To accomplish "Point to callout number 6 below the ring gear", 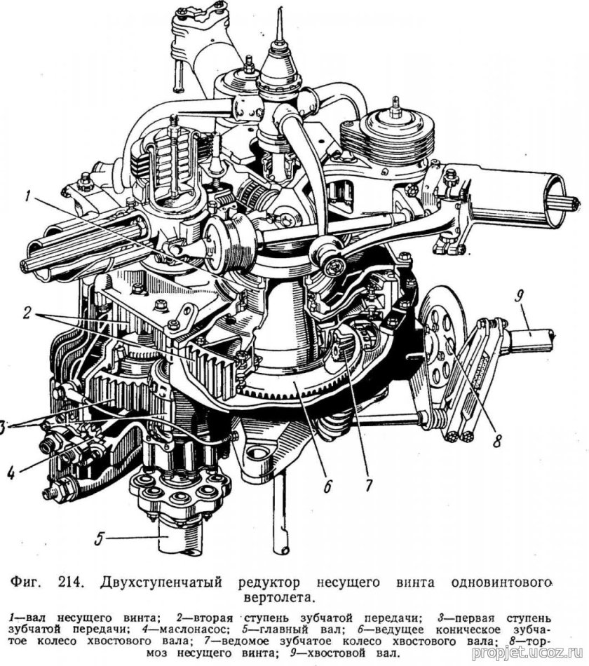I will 328,484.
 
